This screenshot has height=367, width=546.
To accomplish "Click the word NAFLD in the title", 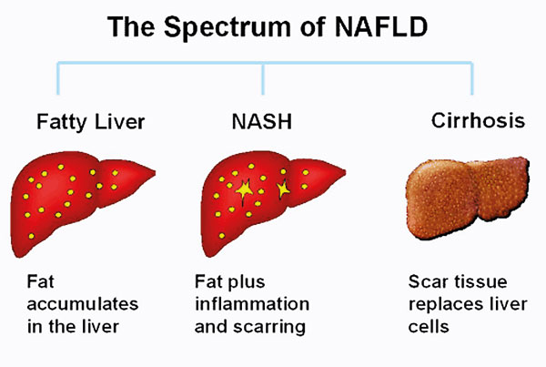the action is pyautogui.click(x=380, y=26).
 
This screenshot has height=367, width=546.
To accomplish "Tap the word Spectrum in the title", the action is pyautogui.click(x=227, y=28).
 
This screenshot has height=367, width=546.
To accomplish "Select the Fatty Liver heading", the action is pyautogui.click(x=90, y=123).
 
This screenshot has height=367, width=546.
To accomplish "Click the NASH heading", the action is pyautogui.click(x=262, y=122).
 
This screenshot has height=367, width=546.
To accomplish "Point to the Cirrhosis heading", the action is pyautogui.click(x=478, y=120).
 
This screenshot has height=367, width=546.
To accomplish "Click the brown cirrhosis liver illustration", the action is pyautogui.click(x=468, y=198).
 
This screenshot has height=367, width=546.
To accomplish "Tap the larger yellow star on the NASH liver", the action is pyautogui.click(x=245, y=190).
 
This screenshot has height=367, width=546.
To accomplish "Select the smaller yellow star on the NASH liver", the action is pyautogui.click(x=283, y=189).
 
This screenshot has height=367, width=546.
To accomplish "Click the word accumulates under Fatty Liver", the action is pyautogui.click(x=83, y=304).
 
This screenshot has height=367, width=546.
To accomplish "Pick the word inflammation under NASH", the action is pyautogui.click(x=252, y=303).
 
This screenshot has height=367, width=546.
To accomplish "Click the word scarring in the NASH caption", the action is pyautogui.click(x=269, y=327).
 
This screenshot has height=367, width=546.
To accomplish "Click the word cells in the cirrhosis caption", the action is pyautogui.click(x=429, y=326).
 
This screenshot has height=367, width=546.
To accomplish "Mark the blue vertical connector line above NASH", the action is pyautogui.click(x=263, y=78).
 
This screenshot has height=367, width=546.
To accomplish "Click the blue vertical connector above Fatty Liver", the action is pyautogui.click(x=58, y=78).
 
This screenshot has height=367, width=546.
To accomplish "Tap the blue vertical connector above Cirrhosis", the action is pyautogui.click(x=472, y=78).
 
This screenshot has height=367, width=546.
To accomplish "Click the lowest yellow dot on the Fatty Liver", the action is pyautogui.click(x=31, y=236).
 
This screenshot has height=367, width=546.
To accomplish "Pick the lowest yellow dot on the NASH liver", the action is pyautogui.click(x=222, y=236).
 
